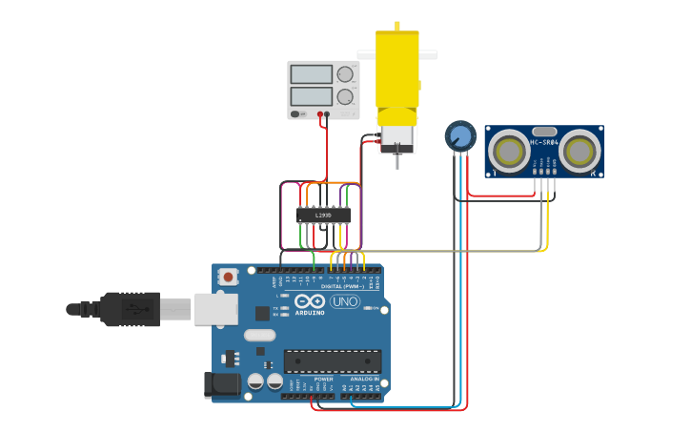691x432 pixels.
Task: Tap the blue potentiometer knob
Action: pos(460,135)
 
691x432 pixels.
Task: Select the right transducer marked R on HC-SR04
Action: pos(579,150)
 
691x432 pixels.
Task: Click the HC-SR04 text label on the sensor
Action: pos(543,143)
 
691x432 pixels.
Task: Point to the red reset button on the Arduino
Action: pos(229,277)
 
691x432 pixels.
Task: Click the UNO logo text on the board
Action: pos(345,301)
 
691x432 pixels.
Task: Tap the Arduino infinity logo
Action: pos(311,301)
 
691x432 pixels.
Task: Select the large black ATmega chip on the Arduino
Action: pos(333,361)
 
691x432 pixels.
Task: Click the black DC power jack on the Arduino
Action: pos(221,384)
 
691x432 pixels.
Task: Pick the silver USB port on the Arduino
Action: pos(215,309)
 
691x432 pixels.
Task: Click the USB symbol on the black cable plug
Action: pos(140,309)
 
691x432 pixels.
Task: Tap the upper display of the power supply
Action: pos(311,74)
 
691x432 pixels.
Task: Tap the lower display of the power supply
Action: pos(311,96)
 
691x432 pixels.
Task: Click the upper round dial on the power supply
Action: pos(345,74)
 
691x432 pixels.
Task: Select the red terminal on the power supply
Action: pos(326,114)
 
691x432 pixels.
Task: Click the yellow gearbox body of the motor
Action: pos(396,67)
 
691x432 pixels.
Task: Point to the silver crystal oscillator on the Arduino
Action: pos(259,335)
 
